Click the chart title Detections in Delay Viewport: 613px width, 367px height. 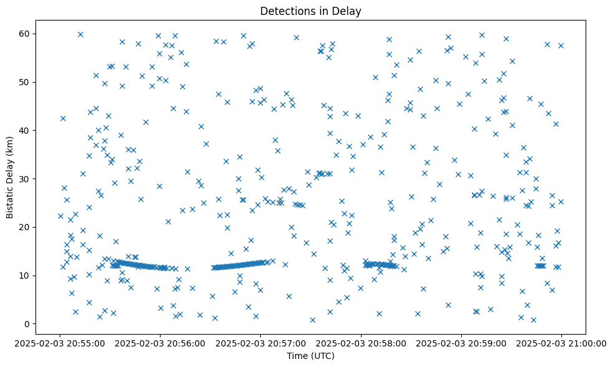tap(311, 11)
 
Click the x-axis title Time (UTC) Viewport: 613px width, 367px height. tap(311, 356)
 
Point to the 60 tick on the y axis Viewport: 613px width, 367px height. tap(30, 34)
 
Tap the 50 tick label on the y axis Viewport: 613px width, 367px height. tap(30, 82)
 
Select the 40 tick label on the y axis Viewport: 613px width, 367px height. tap(30, 130)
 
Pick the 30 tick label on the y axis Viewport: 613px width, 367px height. tap(30, 179)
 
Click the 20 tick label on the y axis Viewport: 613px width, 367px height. tap(30, 227)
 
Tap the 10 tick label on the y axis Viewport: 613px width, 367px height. tap(30, 276)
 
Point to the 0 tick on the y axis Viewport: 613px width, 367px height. tap(32, 324)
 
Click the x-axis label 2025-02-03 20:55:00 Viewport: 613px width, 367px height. tap(60, 343)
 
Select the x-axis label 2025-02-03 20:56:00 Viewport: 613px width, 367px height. tap(161, 343)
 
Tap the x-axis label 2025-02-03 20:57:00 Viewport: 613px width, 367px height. tap(261, 343)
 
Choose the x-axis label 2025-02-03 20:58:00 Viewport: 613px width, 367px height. tap(361, 343)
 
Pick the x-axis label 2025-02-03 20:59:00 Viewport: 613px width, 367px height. tap(461, 343)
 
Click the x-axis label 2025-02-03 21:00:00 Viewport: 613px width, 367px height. tap(561, 343)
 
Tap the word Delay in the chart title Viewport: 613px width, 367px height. tap(349, 11)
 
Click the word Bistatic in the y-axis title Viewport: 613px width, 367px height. tap(10, 198)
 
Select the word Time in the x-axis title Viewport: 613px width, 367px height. tap(296, 356)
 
